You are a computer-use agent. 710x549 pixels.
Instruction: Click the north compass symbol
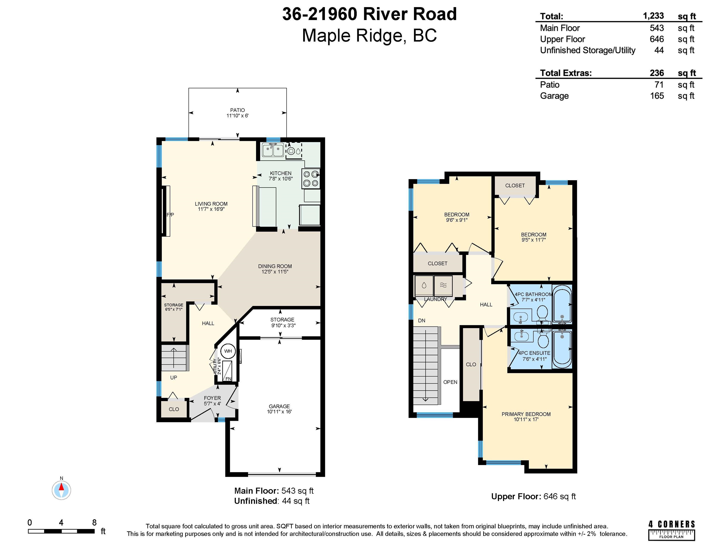tap(61, 490)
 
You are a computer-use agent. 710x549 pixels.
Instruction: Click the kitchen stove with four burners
tap(311, 178)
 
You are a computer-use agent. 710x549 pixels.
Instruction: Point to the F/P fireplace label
tap(170, 215)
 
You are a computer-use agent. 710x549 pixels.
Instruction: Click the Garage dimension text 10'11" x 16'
tap(279, 412)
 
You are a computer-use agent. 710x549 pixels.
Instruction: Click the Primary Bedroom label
tap(526, 414)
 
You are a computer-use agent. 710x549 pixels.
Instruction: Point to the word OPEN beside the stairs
tap(450, 382)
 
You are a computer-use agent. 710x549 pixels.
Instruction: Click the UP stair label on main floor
tap(174, 378)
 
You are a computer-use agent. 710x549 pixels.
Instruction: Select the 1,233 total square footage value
tap(654, 16)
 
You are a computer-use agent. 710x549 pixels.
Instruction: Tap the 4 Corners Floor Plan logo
tap(672, 530)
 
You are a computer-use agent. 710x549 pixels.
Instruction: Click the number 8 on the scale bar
tap(94, 522)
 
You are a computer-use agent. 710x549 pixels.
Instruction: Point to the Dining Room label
tap(275, 266)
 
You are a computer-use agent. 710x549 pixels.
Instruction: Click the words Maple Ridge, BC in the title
tap(369, 36)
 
